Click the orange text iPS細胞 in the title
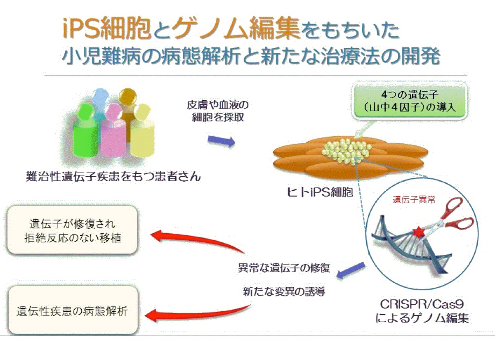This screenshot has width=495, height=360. (106, 29)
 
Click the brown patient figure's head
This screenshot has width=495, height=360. (127, 97)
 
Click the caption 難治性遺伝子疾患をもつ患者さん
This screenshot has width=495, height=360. (113, 177)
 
